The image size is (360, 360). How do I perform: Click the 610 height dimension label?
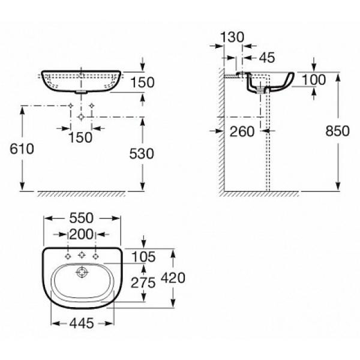click(x=22, y=149)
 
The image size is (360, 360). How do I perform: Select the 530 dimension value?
click(x=142, y=154)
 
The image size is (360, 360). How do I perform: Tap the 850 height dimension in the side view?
click(x=337, y=131)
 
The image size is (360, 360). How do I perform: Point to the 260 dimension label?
click(x=242, y=131)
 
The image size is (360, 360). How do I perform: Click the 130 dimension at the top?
click(x=232, y=37)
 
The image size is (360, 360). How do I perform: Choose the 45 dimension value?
click(x=267, y=58)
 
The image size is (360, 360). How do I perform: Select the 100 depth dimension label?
click(x=314, y=80)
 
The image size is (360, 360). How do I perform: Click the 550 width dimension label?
click(x=81, y=218)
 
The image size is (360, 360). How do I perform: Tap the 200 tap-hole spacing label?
click(x=81, y=235)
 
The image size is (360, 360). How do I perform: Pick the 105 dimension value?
click(x=143, y=257)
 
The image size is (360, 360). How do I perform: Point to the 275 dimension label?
click(x=143, y=283)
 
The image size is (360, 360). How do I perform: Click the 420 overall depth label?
click(x=173, y=278)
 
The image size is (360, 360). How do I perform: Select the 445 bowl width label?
click(x=82, y=323)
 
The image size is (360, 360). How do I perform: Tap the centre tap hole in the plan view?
click(x=82, y=255)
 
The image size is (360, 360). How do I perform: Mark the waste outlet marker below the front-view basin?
click(x=81, y=117)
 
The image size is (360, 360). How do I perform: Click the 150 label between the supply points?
click(x=80, y=137)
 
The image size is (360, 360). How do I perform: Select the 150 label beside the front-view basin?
click(x=142, y=82)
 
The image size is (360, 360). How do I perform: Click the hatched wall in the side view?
click(x=221, y=131)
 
